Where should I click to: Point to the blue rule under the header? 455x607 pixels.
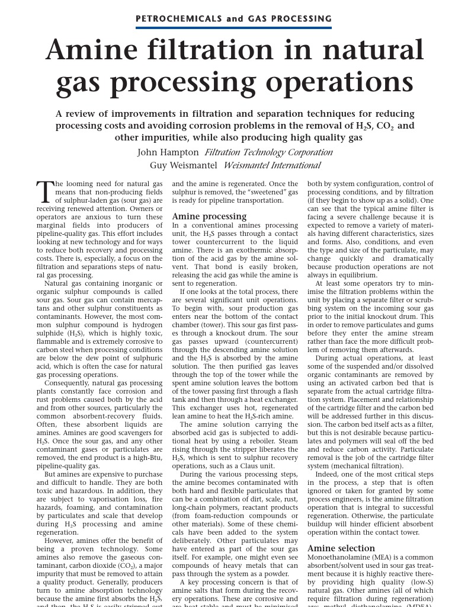(x=233, y=27)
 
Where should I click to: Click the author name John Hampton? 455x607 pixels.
(x=168, y=152)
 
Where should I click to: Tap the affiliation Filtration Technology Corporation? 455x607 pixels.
(x=268, y=152)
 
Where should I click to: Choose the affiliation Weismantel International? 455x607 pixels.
(x=272, y=165)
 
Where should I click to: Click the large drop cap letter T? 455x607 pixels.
(x=45, y=191)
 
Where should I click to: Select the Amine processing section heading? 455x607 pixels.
(x=209, y=216)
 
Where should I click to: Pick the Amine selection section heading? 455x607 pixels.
(x=341, y=548)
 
